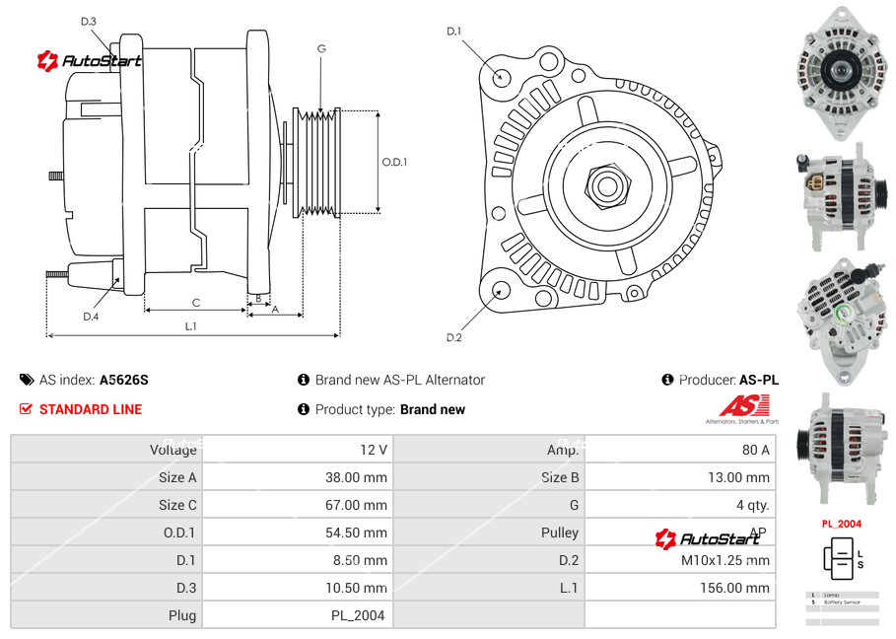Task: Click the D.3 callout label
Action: [x=89, y=21]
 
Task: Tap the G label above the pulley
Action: [x=321, y=48]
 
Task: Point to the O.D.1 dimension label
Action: [x=394, y=162]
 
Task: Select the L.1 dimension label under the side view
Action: [x=190, y=325]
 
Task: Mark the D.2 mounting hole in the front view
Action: [x=500, y=290]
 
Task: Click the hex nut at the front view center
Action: [x=606, y=183]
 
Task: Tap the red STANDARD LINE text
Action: [x=91, y=409]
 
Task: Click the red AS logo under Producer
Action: [x=743, y=405]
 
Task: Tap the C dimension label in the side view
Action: [x=196, y=303]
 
